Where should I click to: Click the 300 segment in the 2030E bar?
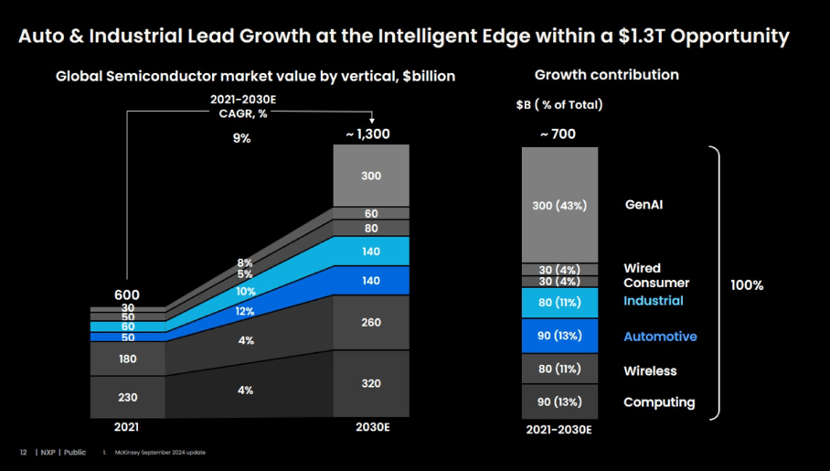(371, 176)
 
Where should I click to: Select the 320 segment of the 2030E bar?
(371, 384)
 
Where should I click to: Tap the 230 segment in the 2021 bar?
(127, 398)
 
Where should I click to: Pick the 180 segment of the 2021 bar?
(127, 359)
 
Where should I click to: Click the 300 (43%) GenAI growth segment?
(559, 206)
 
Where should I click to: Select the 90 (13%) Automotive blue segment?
(559, 336)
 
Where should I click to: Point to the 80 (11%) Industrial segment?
(559, 302)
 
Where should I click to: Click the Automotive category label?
(660, 337)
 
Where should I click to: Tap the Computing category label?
(659, 402)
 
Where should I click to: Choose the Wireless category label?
(650, 371)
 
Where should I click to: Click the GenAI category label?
(644, 205)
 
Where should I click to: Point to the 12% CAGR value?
(245, 311)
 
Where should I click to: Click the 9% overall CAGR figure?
(241, 138)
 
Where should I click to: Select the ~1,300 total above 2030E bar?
(367, 134)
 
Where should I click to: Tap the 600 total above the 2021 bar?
(127, 294)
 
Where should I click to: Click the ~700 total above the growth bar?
(558, 134)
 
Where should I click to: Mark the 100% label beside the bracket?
(747, 285)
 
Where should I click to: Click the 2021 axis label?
(127, 427)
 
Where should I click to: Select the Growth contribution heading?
(606, 75)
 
